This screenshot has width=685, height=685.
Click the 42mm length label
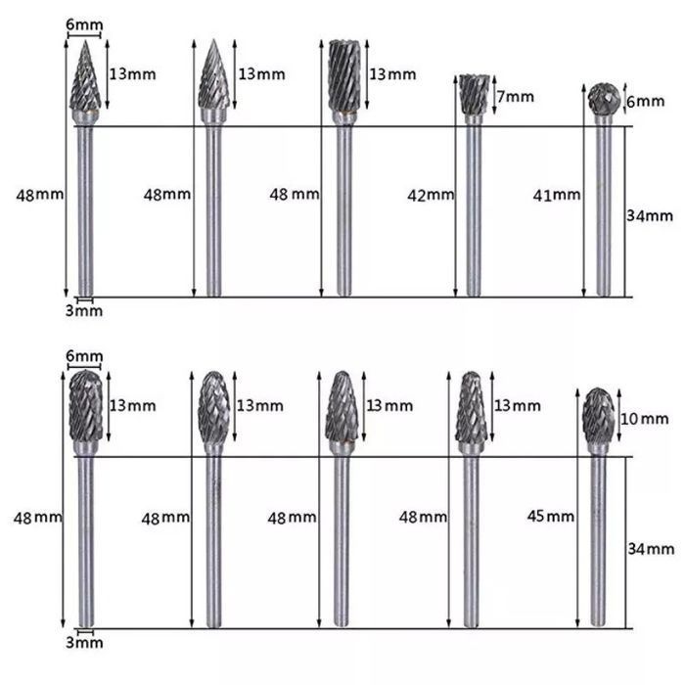[431, 196]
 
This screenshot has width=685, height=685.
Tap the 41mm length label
[557, 195]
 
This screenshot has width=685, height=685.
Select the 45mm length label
[550, 517]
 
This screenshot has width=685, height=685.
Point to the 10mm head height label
[645, 419]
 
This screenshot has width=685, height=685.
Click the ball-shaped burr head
[604, 98]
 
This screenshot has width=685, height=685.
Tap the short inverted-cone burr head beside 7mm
[473, 95]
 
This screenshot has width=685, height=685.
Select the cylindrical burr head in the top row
[344, 76]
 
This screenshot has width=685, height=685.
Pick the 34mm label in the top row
[650, 216]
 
